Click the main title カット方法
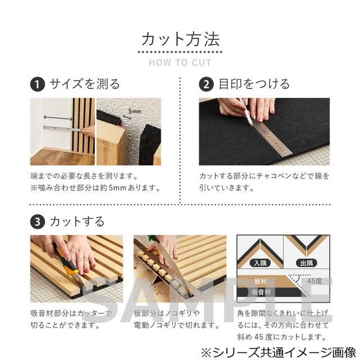point(179,39)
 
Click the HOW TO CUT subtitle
point(179,62)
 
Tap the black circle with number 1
point(37,84)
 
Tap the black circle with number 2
point(207,84)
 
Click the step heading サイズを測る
point(84,84)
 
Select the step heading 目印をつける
point(254,84)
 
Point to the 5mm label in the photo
point(134,111)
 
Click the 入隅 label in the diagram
point(260,263)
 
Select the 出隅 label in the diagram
point(307,263)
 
